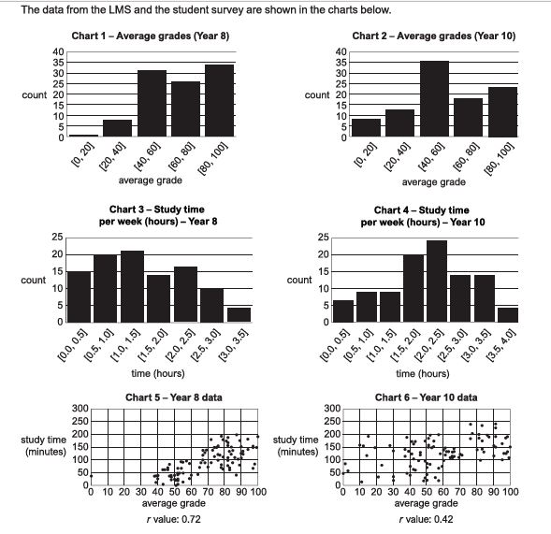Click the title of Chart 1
click(x=151, y=36)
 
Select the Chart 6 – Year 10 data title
click(x=426, y=397)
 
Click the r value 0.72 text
click(x=174, y=519)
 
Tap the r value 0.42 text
click(x=426, y=519)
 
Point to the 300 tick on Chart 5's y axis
click(x=80, y=409)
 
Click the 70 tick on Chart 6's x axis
click(x=459, y=492)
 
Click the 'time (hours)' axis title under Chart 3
click(x=158, y=373)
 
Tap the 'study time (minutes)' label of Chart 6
click(x=296, y=445)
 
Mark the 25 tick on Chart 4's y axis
click(x=324, y=238)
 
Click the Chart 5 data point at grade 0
click(x=91, y=476)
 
